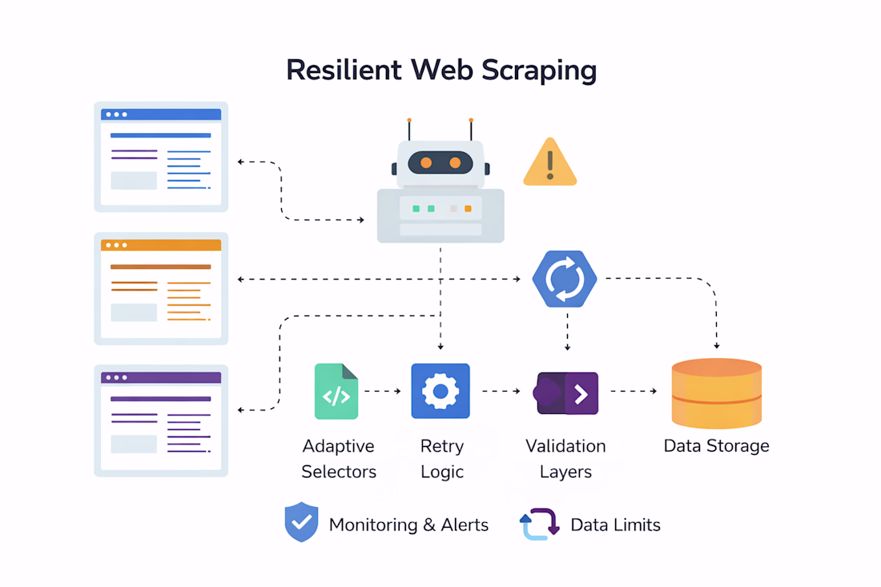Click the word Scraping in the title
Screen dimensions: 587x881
[539, 71]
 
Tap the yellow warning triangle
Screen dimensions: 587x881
[549, 163]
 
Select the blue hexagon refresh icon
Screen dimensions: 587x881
[565, 279]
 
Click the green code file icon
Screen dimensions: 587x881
[336, 392]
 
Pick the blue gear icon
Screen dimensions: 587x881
[440, 392]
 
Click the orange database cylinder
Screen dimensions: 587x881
[716, 393]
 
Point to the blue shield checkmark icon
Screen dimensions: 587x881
[301, 523]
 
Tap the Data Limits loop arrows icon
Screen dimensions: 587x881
[539, 525]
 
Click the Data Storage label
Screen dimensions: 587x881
[716, 446]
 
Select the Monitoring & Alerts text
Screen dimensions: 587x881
[408, 525]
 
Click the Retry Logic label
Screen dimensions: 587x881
[442, 459]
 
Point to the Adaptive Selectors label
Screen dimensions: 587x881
[339, 459]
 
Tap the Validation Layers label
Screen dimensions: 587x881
[565, 459]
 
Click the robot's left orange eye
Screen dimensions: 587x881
[426, 163]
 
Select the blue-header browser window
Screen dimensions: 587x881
[161, 157]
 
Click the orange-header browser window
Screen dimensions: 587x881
[161, 288]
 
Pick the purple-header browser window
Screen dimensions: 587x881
[161, 420]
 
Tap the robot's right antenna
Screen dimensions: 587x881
[471, 128]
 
